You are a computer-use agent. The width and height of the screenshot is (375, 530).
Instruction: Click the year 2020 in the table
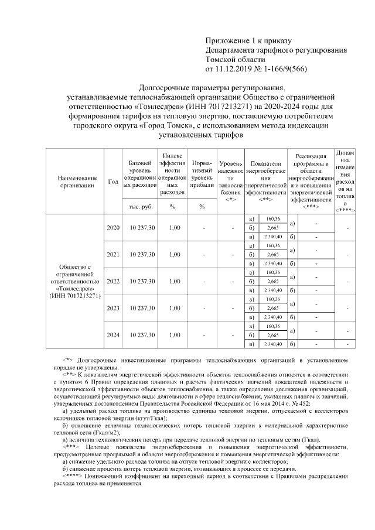pyautogui.click(x=113, y=227)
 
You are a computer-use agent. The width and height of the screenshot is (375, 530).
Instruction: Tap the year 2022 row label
pyautogui.click(x=113, y=281)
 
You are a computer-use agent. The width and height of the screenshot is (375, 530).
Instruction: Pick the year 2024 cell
pyautogui.click(x=113, y=335)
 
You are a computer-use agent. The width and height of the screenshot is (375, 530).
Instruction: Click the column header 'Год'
pyautogui.click(x=113, y=181)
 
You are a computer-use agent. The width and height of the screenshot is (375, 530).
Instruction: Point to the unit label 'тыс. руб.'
pyautogui.click(x=140, y=207)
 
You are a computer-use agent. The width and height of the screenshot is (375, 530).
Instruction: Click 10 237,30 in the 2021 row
pyautogui.click(x=140, y=254)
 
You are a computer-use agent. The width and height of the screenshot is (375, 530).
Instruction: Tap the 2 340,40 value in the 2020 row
pyautogui.click(x=273, y=237)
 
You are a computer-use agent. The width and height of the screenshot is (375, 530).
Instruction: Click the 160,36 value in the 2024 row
pyautogui.click(x=273, y=326)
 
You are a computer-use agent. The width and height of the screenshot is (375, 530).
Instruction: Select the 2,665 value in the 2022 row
pyautogui.click(x=273, y=281)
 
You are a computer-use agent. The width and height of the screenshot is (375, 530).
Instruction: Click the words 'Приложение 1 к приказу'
pyautogui.click(x=248, y=40)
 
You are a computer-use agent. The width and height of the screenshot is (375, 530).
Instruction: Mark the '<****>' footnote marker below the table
pyautogui.click(x=72, y=476)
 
